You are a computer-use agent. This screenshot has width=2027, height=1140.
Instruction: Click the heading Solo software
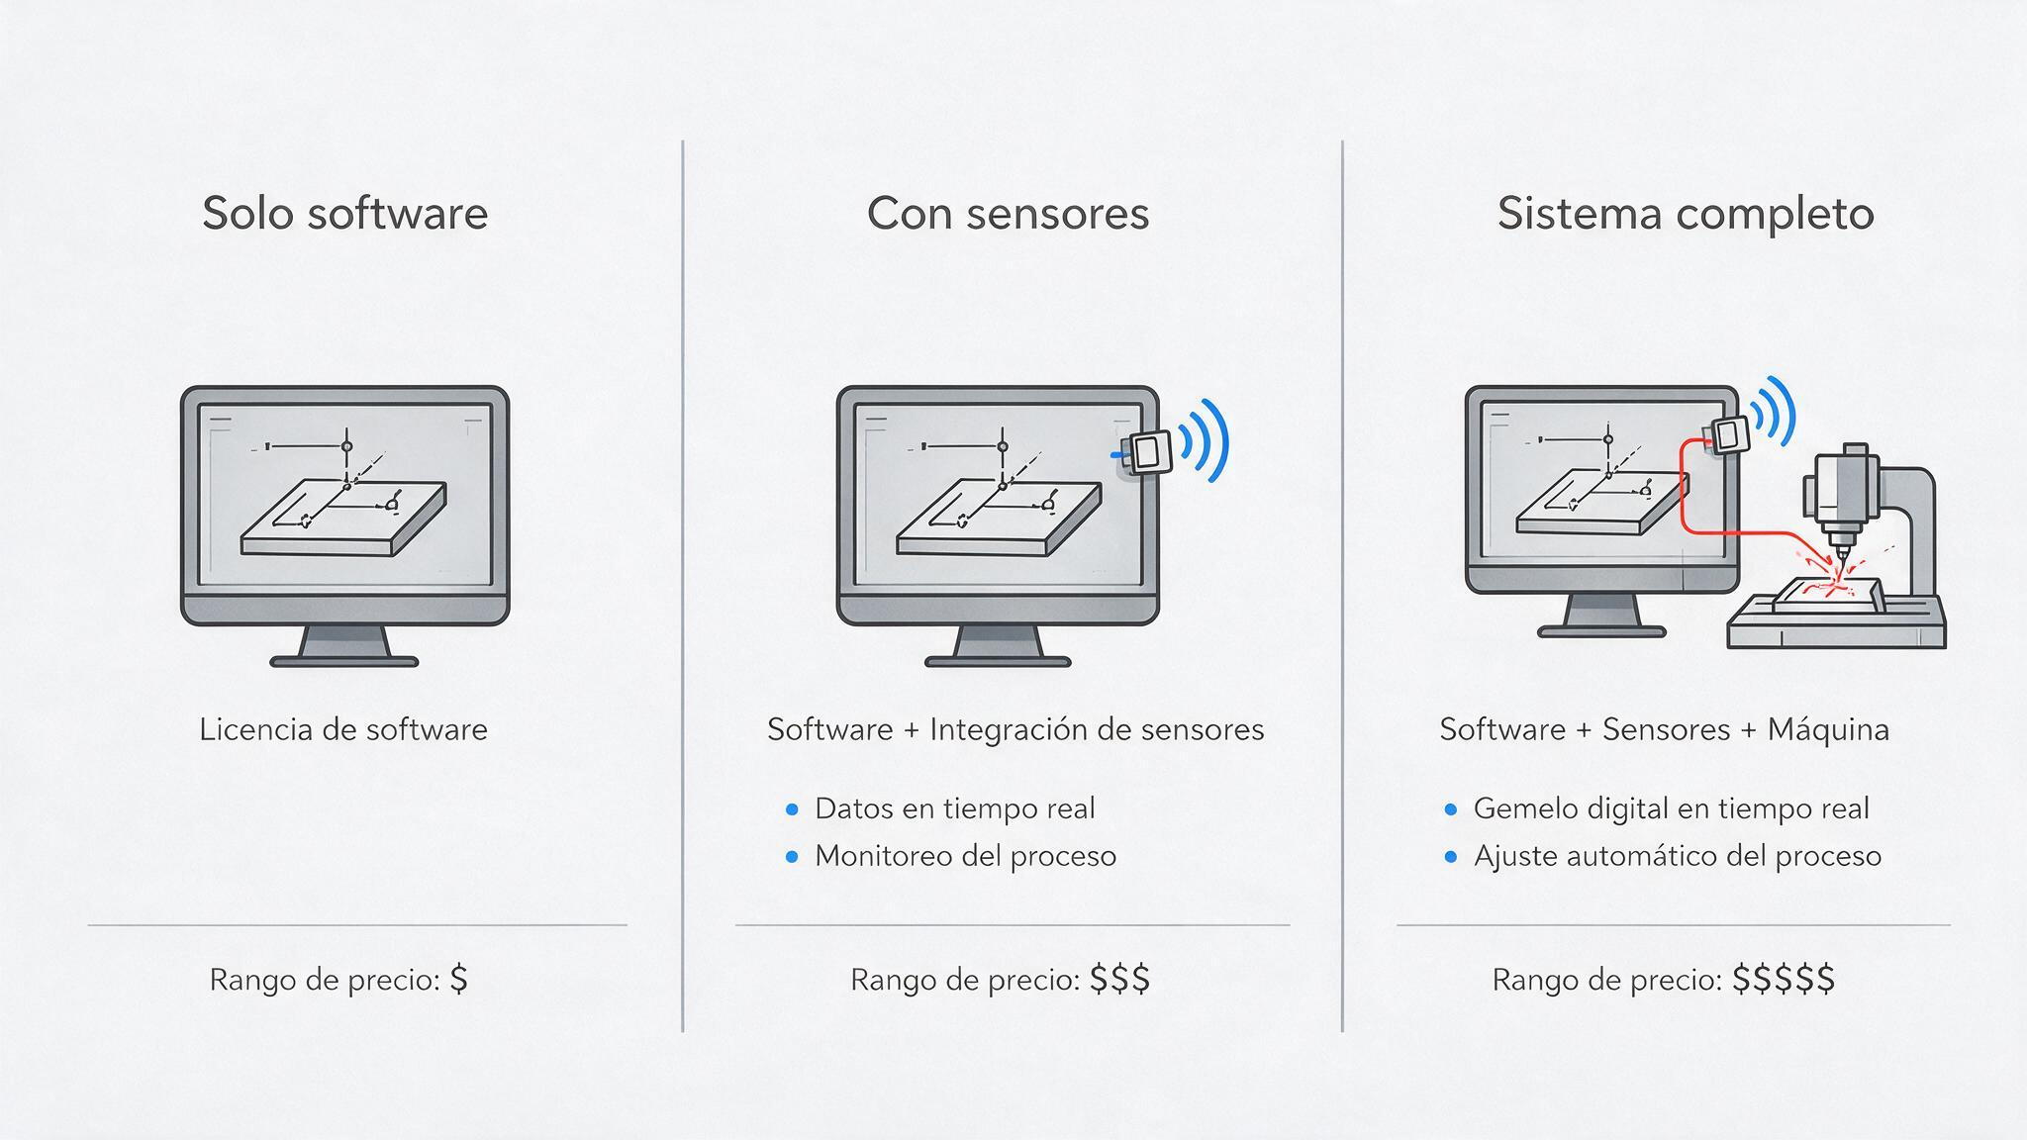point(345,214)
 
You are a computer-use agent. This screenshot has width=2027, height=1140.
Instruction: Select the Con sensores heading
point(1008,214)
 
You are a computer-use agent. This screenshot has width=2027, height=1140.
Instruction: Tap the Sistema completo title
point(1686,214)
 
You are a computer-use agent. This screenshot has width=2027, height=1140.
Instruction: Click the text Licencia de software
point(343,729)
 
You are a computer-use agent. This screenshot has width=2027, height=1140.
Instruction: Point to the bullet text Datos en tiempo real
point(955,808)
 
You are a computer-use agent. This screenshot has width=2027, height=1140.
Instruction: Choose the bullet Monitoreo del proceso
point(965,856)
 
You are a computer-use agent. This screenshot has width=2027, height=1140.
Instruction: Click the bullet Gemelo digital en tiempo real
point(1672,808)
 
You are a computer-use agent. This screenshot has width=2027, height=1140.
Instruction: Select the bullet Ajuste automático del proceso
point(1678,856)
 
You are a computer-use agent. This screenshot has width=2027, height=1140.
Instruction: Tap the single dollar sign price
point(458,979)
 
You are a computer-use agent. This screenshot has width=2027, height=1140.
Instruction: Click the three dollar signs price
point(1119,979)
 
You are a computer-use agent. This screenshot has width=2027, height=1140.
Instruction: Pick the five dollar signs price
point(1784,979)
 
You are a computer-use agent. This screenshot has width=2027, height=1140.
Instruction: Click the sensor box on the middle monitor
point(1148,452)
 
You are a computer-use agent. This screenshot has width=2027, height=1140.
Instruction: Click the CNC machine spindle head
point(1841,495)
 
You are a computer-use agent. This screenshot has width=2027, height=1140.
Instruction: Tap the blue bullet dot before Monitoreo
point(791,857)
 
